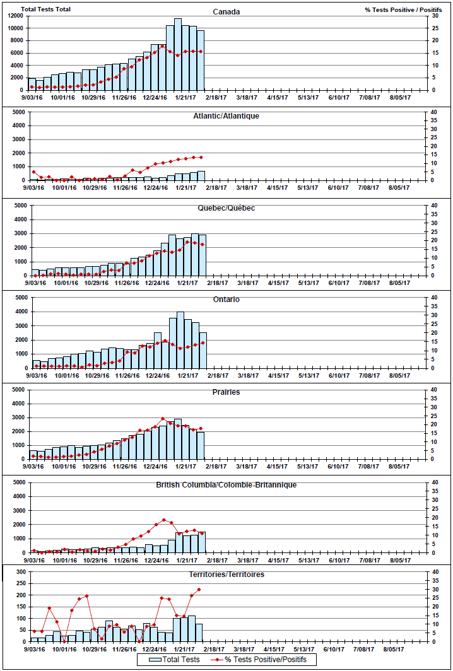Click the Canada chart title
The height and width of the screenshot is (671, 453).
[226, 11]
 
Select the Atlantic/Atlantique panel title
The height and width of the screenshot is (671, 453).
[226, 116]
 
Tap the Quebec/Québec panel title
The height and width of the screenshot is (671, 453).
[226, 208]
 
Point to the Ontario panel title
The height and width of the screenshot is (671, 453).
[226, 300]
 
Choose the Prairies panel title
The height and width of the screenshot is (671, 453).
[226, 392]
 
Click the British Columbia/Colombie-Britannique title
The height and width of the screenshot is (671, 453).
[226, 485]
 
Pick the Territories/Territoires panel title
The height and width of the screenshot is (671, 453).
[226, 575]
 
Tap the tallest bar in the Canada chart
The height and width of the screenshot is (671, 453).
[178, 55]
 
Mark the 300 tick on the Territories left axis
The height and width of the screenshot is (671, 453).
[18, 572]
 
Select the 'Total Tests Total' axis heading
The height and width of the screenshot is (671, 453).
[45, 9]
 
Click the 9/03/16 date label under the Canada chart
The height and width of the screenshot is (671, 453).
[33, 97]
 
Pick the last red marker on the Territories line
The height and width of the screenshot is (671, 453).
[199, 590]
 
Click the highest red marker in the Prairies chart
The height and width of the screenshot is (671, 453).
[163, 419]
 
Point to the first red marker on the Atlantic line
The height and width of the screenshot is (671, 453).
[33, 172]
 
